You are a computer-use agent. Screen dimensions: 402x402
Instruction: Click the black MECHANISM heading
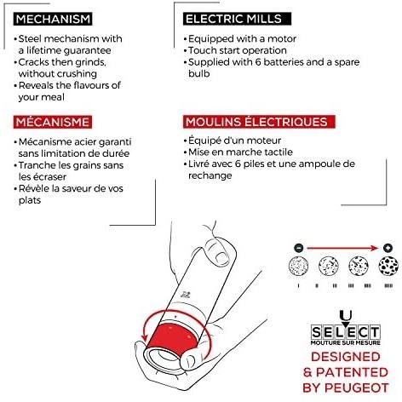click(x=53, y=19)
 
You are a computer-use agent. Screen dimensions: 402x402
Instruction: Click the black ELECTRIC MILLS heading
click(x=237, y=19)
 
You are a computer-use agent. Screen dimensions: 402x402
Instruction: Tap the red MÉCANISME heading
click(x=53, y=122)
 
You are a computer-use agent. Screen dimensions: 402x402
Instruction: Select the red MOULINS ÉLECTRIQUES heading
click(x=259, y=122)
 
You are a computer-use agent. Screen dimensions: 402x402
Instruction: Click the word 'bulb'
click(x=199, y=73)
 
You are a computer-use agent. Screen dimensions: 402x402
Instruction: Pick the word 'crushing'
click(x=78, y=74)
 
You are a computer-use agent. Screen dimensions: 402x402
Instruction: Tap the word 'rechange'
click(x=210, y=175)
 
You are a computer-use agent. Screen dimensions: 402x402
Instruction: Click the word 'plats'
click(x=30, y=200)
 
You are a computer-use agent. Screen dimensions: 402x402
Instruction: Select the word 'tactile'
click(x=279, y=152)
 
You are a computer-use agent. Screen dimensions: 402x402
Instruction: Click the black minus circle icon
click(x=298, y=248)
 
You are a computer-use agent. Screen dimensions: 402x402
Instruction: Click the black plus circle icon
click(x=388, y=248)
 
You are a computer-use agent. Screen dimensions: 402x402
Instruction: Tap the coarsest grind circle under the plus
click(x=388, y=266)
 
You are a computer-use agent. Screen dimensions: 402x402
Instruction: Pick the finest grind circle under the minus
click(x=298, y=266)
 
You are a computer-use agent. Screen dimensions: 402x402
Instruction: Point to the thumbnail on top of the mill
click(x=221, y=258)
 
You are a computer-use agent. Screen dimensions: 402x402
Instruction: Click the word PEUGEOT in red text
click(x=356, y=388)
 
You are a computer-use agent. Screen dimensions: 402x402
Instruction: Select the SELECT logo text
click(x=345, y=332)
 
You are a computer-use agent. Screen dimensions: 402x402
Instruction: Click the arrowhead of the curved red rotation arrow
click(x=145, y=337)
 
